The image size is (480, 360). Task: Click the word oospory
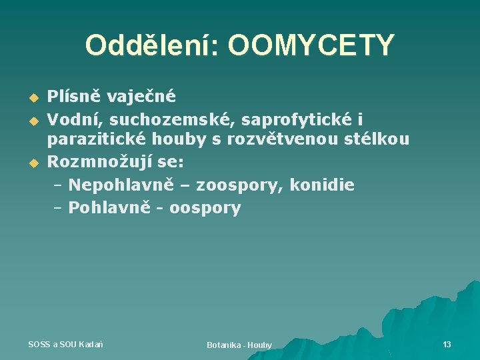click(x=205, y=208)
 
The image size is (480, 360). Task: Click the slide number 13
click(x=447, y=344)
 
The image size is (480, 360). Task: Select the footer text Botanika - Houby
click(x=239, y=345)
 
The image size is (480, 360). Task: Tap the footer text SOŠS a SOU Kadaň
click(x=65, y=344)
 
